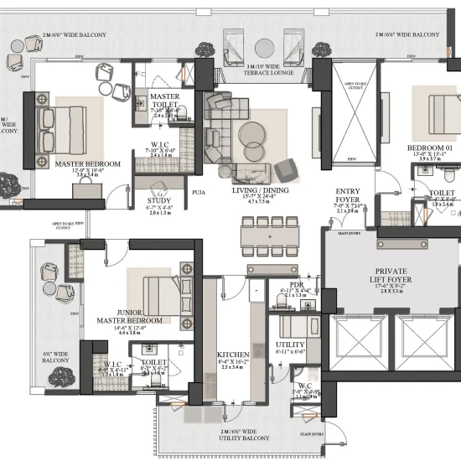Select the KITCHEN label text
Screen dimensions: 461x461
pyautogui.click(x=233, y=355)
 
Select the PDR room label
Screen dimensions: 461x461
pyautogui.click(x=297, y=285)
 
